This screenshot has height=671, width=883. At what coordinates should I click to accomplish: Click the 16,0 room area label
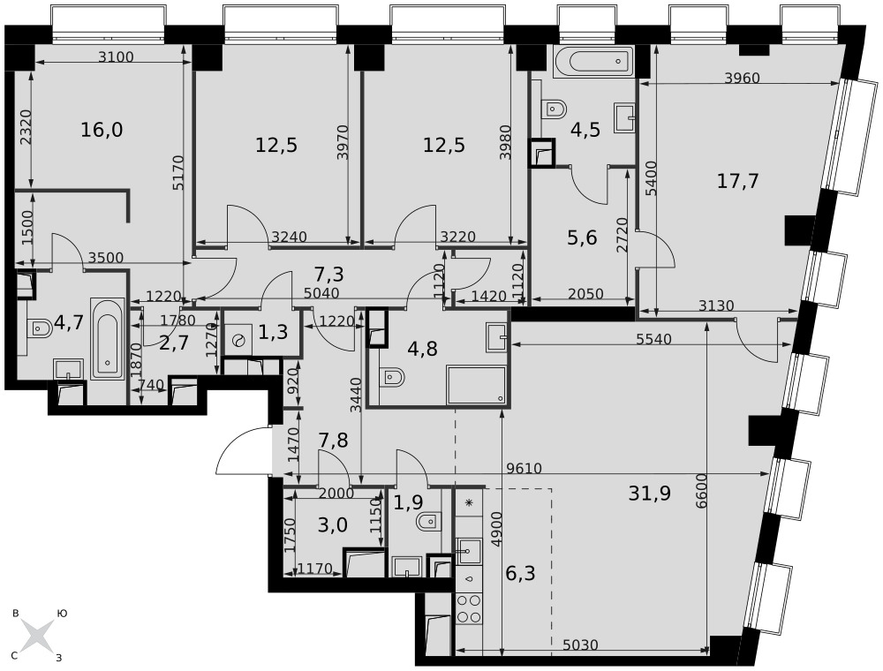pos(102,130)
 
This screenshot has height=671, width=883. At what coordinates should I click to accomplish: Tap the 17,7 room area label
pos(737,181)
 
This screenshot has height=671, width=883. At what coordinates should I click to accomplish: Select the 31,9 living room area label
pos(649,494)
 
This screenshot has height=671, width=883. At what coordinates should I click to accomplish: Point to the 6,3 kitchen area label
pos(520,574)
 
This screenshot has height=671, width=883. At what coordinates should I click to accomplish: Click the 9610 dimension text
pos(524,468)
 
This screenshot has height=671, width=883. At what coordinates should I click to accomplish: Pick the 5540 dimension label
pos(653,339)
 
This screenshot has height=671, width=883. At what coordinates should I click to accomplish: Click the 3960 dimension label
pos(742,78)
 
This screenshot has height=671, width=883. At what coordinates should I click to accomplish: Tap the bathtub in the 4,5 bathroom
pos(593,61)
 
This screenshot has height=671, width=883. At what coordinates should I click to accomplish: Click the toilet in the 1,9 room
pos(426,522)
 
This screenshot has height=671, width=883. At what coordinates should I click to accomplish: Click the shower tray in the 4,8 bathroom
pos(477,385)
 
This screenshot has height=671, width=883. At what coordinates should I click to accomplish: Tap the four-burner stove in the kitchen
pos(469,608)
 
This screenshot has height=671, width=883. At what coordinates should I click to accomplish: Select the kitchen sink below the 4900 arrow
pos(469,550)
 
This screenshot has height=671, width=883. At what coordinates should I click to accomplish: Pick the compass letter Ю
pos(63,614)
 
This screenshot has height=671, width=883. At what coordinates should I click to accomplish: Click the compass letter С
pos(15,656)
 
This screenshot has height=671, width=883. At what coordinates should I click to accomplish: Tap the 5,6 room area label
pos(582,238)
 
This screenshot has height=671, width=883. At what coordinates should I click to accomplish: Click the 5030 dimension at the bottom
pos(580,645)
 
